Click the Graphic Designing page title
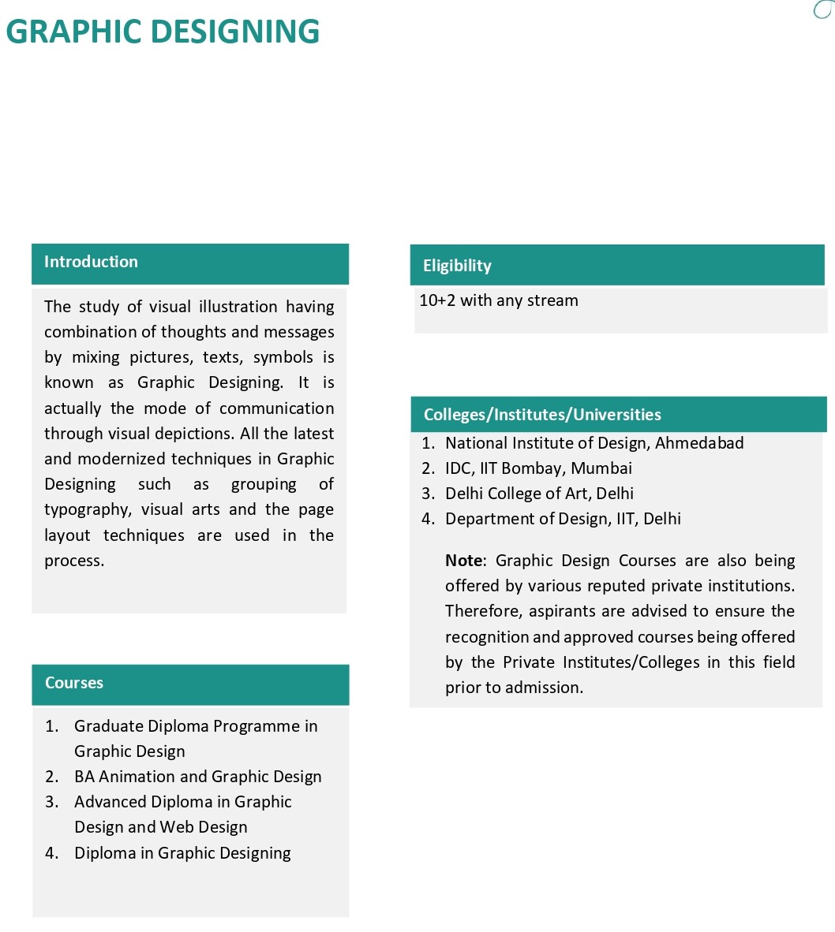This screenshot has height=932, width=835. [x=163, y=32]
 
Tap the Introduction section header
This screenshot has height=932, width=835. [x=91, y=262]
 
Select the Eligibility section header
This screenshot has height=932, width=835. [x=457, y=266]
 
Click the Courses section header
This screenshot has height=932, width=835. [x=74, y=683]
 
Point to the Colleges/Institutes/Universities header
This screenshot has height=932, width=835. [x=542, y=415]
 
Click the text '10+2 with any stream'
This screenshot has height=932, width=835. [x=499, y=300]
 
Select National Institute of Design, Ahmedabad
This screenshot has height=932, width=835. [x=594, y=443]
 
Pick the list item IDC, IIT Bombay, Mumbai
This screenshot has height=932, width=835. [x=538, y=468]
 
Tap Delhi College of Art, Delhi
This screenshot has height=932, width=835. [x=539, y=494]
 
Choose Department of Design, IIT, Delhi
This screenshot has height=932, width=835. [x=563, y=519]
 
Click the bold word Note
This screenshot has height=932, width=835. [x=463, y=561]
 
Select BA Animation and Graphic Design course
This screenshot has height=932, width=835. [x=198, y=777]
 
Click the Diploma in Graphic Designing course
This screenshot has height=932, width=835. [x=182, y=853]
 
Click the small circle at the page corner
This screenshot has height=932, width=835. [x=823, y=9]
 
